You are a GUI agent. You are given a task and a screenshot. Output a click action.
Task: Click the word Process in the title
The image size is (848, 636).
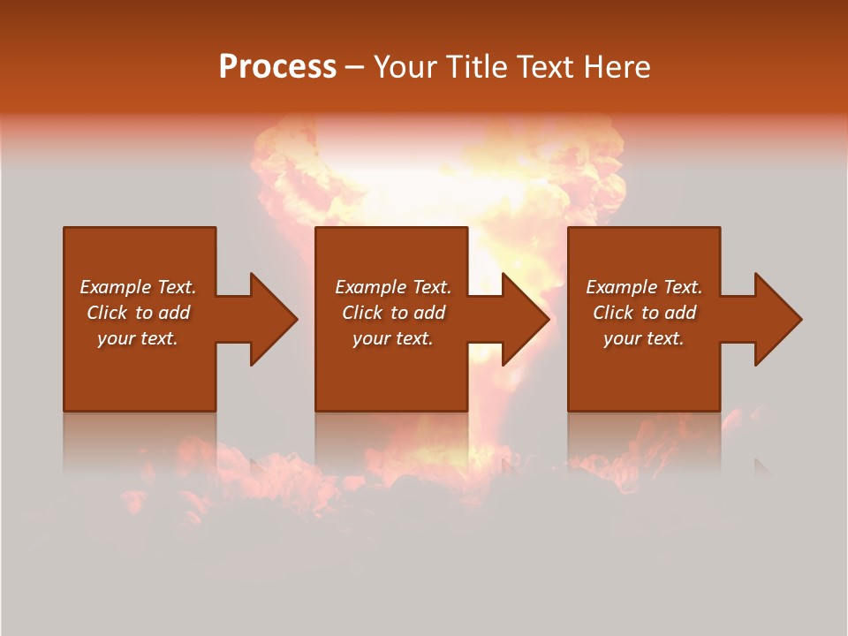[x=277, y=66]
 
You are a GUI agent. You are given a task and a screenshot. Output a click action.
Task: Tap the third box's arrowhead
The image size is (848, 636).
[x=777, y=319]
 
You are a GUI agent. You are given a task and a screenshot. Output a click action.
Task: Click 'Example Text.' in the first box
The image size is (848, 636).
[x=138, y=287]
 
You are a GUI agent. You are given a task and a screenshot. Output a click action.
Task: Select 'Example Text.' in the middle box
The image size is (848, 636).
[x=392, y=287]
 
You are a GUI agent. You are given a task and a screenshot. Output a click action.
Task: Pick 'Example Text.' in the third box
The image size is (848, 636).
[x=644, y=287]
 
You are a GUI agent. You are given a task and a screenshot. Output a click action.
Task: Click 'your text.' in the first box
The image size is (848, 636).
[x=138, y=338]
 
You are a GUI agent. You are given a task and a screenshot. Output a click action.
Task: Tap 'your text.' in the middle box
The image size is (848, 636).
[x=392, y=338]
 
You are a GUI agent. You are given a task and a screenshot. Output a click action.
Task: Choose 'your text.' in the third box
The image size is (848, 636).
[x=644, y=338]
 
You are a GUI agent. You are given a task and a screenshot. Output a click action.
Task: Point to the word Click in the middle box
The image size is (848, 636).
[x=363, y=313]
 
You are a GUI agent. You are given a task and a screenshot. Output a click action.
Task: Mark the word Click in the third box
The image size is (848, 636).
[x=614, y=313]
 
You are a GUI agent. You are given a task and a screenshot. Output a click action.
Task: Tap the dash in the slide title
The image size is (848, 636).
[x=354, y=67]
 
